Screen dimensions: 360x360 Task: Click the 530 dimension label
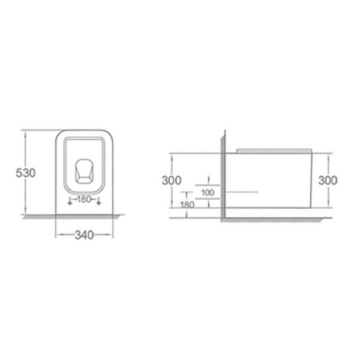[x=26, y=173]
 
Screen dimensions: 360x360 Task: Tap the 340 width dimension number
[x=84, y=235]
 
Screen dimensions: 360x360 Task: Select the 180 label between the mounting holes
[x=85, y=199]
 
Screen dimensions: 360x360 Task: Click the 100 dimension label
[x=208, y=193]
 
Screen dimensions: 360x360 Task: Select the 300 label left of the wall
[x=172, y=181]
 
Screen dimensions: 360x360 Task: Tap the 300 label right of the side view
[x=328, y=181]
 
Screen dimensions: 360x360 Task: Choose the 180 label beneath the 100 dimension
[x=188, y=205]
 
